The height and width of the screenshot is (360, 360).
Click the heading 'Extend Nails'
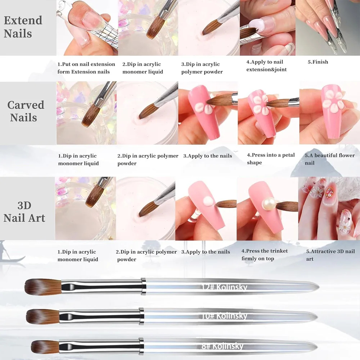click(x=23, y=27)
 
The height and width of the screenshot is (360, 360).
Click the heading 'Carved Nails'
click(x=26, y=111)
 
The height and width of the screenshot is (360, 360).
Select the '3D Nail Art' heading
click(x=24, y=212)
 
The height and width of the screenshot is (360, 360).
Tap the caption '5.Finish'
click(x=318, y=62)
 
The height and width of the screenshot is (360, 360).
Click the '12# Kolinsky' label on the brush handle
click(x=224, y=287)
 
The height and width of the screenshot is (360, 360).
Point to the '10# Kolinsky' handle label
click(x=224, y=316)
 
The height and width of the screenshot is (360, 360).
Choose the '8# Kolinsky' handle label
click(x=222, y=346)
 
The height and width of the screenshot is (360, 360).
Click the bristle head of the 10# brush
click(x=43, y=316)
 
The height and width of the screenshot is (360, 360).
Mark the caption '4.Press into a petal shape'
click(x=271, y=159)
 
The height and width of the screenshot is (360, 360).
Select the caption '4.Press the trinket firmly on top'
click(x=265, y=255)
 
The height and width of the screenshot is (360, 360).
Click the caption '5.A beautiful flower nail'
click(x=330, y=159)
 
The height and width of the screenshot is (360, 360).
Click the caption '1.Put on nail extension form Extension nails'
click(x=86, y=68)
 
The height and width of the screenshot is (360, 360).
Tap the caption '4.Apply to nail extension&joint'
click(x=266, y=66)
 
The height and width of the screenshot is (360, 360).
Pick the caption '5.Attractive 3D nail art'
click(x=330, y=255)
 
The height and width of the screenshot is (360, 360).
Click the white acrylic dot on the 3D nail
click(x=208, y=201)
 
